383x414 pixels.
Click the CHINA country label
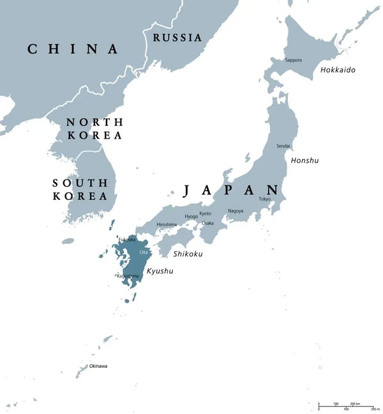73,49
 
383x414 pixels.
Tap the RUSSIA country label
177,38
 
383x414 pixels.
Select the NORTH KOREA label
94,128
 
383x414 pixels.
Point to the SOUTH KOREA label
80,190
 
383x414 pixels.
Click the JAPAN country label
231,190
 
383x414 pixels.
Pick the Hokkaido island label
338,70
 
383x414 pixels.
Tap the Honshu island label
304,160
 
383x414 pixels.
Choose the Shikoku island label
188,254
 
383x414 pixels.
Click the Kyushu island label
160,272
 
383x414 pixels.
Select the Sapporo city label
294,60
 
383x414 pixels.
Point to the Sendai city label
283,146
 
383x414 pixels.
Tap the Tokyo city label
264,199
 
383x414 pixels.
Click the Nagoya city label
235,211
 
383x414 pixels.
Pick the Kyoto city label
205,213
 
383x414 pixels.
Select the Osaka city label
207,224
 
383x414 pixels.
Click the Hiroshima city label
167,225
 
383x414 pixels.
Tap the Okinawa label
98,366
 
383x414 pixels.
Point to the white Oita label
135,253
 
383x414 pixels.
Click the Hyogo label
191,217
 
